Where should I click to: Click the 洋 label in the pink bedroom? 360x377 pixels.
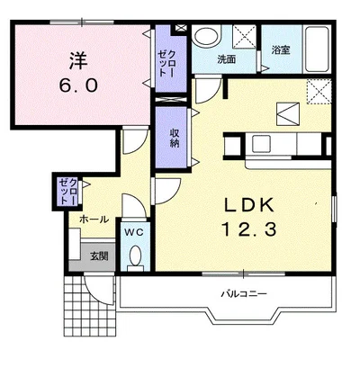coord(79,60)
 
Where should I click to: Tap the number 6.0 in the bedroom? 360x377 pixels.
coord(78,85)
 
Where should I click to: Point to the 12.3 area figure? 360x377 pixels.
coord(248,229)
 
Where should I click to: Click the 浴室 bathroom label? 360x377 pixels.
coord(281,49)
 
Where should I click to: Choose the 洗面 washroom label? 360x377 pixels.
coord(227,59)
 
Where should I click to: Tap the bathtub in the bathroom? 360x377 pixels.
coord(317,49)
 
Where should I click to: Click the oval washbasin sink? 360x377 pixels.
coord(206,37)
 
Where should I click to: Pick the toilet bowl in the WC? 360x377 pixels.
coord(136,256)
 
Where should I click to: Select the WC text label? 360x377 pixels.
coord(134,231)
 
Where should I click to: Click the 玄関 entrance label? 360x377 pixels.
coord(99,256)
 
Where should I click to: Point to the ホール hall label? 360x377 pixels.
coord(94,220)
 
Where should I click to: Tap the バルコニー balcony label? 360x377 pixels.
coord(244,293)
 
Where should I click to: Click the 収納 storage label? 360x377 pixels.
coord(175,138)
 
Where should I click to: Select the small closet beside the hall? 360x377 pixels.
coord(68,192)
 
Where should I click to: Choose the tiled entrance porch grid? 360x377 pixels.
coord(90,306)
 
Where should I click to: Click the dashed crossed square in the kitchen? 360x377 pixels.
coord(319,92)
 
